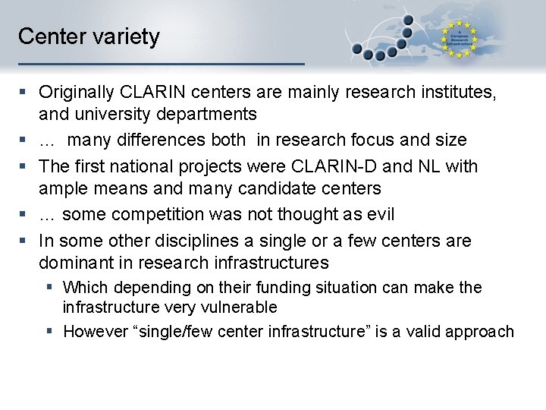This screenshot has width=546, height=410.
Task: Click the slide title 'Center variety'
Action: (89, 36)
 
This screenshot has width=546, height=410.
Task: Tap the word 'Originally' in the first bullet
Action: (77, 93)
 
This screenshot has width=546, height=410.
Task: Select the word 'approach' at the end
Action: (481, 332)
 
